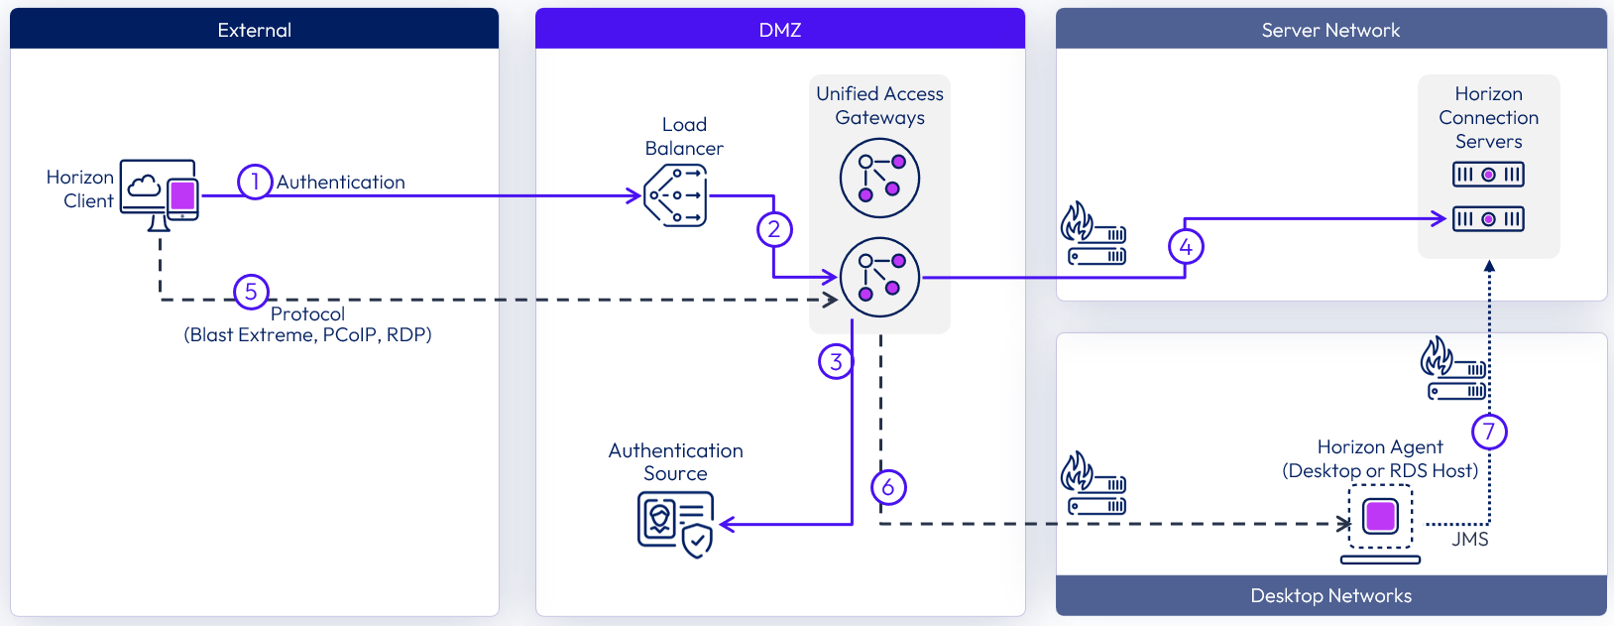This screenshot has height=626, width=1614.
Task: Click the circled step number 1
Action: (x=255, y=182)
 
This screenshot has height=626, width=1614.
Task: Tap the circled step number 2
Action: (x=774, y=229)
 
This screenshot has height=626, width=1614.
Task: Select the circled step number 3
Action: (x=836, y=361)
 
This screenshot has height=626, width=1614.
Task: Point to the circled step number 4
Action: (x=1186, y=246)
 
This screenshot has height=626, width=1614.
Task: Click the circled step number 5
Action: (x=251, y=292)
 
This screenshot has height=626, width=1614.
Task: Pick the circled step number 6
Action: (x=888, y=487)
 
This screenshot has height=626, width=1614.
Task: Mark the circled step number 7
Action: (x=1489, y=432)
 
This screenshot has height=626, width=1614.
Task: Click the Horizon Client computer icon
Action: (x=160, y=192)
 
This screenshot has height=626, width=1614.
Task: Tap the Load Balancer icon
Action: (x=676, y=195)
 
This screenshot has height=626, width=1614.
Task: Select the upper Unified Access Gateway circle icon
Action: (x=879, y=178)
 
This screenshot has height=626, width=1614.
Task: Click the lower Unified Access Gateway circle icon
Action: (x=879, y=277)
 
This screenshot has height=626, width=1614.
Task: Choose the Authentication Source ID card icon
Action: (x=675, y=524)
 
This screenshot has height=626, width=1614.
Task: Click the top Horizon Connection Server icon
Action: (x=1488, y=175)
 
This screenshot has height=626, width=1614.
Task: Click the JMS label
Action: (x=1469, y=540)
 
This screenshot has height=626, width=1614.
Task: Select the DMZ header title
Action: (x=780, y=30)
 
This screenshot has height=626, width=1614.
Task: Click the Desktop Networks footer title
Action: (x=1330, y=595)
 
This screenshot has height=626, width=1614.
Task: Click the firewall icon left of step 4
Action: (x=1094, y=235)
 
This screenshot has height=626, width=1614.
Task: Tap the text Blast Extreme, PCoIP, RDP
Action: (x=307, y=335)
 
